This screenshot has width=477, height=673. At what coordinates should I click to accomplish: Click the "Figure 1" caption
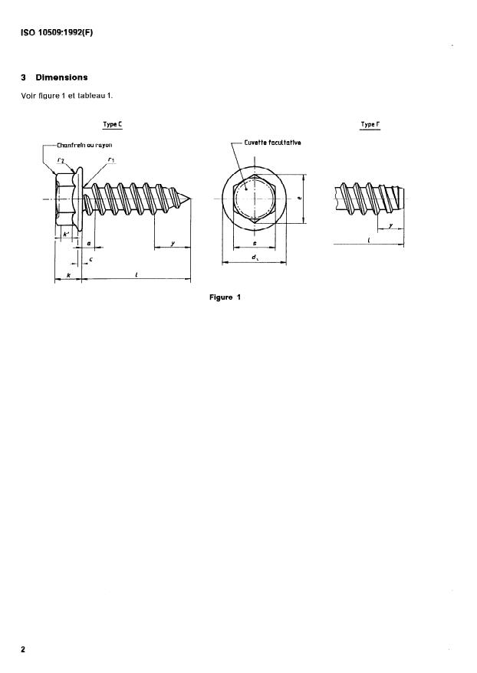click(x=225, y=297)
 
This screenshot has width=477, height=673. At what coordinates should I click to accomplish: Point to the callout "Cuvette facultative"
click(x=273, y=143)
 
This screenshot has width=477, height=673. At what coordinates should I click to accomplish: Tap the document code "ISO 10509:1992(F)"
click(x=51, y=31)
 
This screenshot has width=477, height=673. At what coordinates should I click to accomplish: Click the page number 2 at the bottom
click(x=23, y=650)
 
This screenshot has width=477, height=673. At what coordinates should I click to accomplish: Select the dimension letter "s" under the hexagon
click(x=255, y=245)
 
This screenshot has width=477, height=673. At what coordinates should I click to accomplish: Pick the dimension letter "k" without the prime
click(x=68, y=274)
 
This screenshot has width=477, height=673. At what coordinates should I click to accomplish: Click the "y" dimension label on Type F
click(x=391, y=225)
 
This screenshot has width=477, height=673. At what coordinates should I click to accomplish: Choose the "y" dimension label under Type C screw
click(x=173, y=243)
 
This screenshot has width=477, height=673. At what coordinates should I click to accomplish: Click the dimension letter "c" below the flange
click(x=91, y=259)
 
